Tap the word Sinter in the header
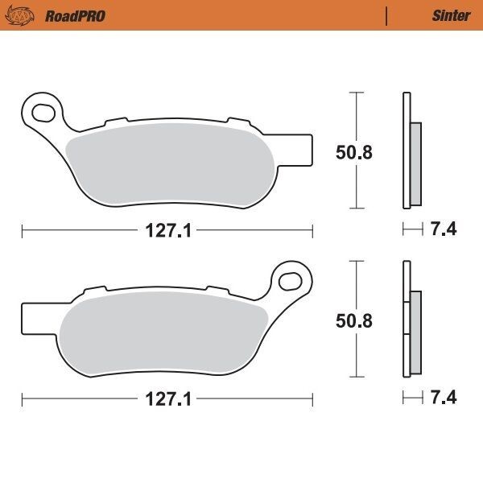[x=452, y=15]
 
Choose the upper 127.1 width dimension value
[x=167, y=231]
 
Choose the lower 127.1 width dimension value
[x=167, y=399]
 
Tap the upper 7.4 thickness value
[x=444, y=230]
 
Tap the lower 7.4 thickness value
[x=444, y=398]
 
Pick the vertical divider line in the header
[x=387, y=15]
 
